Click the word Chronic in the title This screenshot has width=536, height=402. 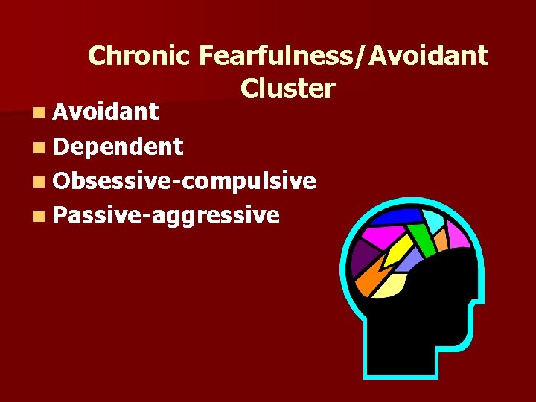click(140, 56)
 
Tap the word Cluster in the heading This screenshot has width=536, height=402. click(287, 89)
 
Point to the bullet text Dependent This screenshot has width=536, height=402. click(118, 147)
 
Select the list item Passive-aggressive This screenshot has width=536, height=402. click(166, 215)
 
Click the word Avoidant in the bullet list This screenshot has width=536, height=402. click(105, 112)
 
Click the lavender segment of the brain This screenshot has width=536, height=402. click(409, 259)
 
